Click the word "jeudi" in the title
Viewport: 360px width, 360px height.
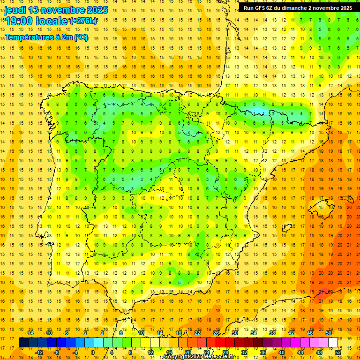pos(15,10)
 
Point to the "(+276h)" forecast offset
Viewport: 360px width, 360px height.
pos(83,21)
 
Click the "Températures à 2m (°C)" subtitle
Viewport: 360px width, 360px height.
pos(46,37)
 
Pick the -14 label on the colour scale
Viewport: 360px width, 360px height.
pos(31,333)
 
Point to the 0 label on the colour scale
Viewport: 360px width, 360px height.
pos(93,352)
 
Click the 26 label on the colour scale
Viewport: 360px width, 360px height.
pos(216,333)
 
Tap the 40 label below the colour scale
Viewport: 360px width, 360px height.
pos(282,352)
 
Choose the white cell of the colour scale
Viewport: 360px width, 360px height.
pos(333,343)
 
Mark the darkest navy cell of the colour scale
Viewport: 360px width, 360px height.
pos(23,343)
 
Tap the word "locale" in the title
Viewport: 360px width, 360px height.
pos(52,21)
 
